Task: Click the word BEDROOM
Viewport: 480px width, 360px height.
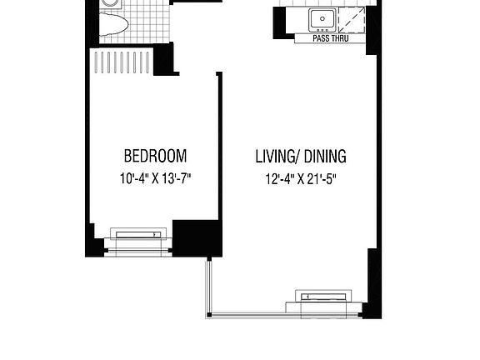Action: (x=155, y=156)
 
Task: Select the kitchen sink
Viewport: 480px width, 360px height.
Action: (x=322, y=18)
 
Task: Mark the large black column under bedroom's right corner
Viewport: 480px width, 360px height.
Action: (x=197, y=237)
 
